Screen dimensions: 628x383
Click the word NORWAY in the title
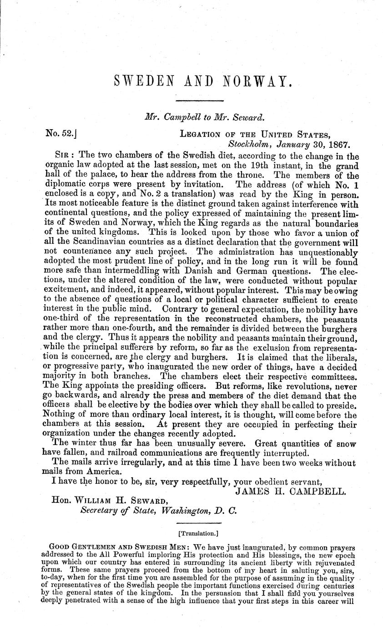pyautogui.click(x=257, y=81)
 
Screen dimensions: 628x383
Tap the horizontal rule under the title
pyautogui.click(x=199, y=100)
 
